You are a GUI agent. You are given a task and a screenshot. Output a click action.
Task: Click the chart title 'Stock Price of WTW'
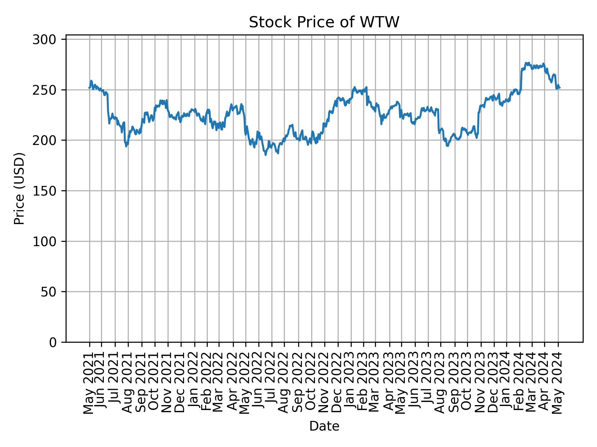click(x=324, y=22)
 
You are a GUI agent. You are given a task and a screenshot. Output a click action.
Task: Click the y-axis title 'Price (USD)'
click(x=19, y=188)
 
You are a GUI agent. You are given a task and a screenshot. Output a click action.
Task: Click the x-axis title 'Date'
click(x=324, y=427)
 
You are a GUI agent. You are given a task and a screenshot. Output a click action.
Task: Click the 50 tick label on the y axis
click(x=48, y=292)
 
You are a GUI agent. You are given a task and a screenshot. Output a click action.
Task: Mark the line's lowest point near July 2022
click(x=266, y=155)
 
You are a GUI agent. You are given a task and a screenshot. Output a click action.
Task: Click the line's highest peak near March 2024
click(x=526, y=63)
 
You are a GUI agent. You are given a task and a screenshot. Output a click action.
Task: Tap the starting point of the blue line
click(x=89, y=88)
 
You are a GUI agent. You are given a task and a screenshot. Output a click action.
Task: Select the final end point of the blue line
click(x=560, y=88)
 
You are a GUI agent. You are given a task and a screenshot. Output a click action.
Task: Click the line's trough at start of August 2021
click(x=126, y=147)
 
